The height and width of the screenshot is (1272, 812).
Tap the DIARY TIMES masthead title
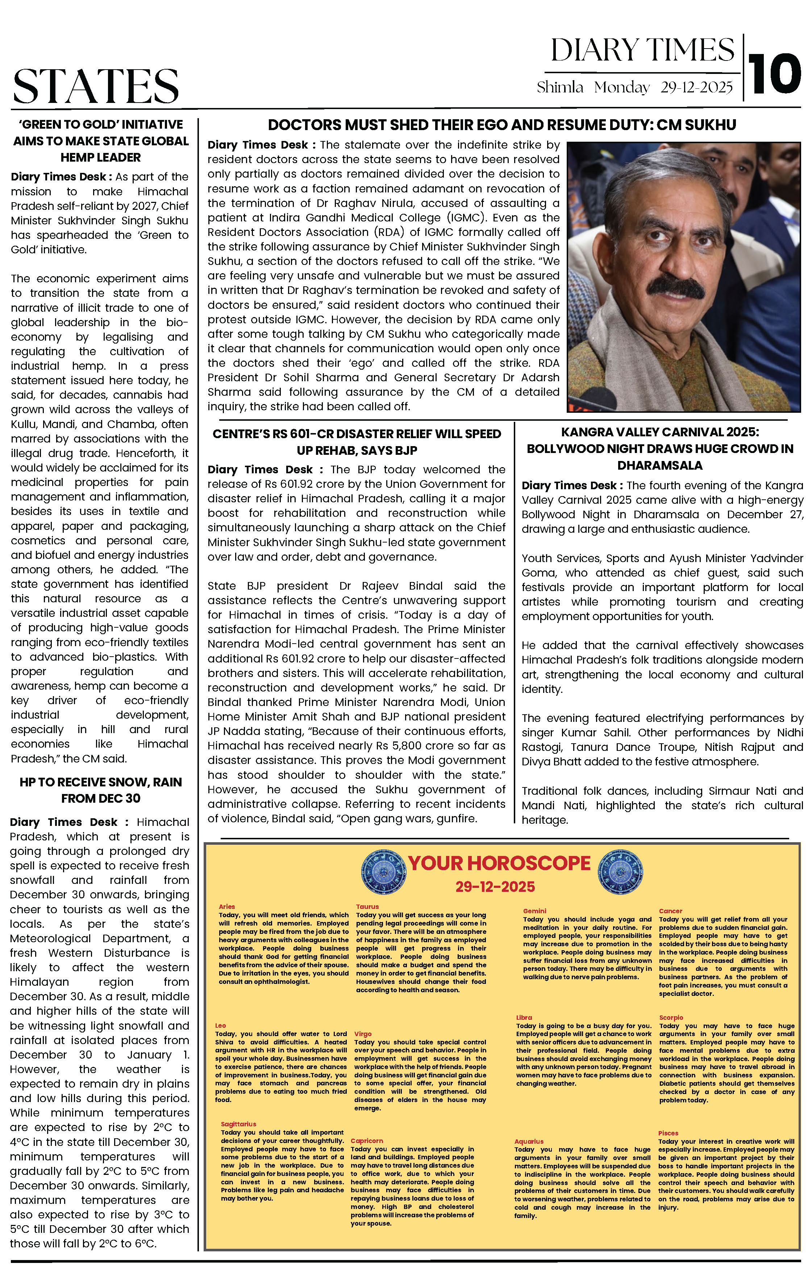pyautogui.click(x=642, y=51)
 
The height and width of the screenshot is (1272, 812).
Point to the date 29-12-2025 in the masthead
pyautogui.click(x=696, y=88)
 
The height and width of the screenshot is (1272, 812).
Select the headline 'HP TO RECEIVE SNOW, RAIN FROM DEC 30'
pyautogui.click(x=100, y=790)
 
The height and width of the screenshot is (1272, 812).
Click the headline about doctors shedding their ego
pyautogui.click(x=501, y=125)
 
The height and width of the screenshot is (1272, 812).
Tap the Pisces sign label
pyautogui.click(x=668, y=1133)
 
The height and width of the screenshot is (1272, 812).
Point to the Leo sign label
pyautogui.click(x=220, y=1025)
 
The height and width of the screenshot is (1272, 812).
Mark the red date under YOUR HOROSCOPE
pyautogui.click(x=495, y=887)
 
